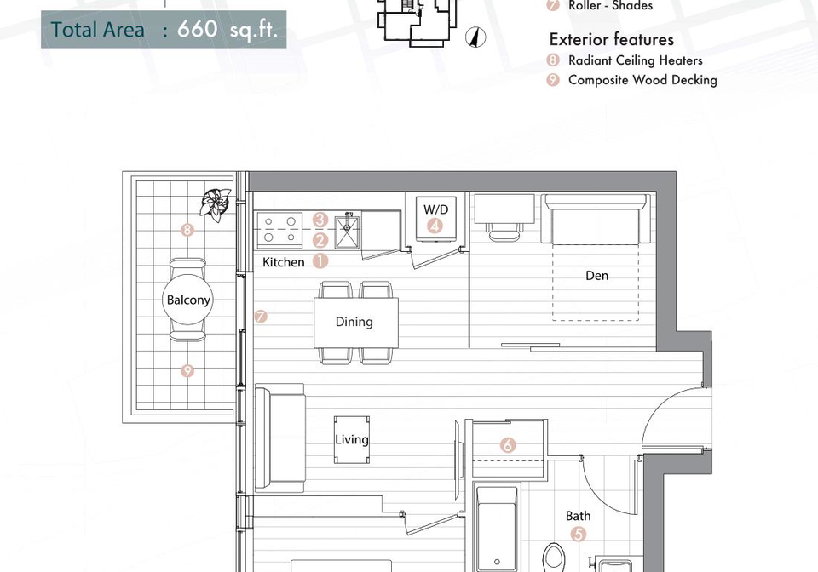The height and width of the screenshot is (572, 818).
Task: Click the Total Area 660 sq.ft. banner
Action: [x=164, y=29]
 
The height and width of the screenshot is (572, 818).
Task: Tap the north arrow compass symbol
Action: [x=475, y=37]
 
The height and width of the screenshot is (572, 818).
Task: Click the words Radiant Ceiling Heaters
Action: [x=635, y=60]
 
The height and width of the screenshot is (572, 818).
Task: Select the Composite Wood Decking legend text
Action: [x=642, y=80]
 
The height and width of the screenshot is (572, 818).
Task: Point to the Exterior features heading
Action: [x=612, y=40]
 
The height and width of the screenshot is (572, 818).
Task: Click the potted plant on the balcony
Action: [x=215, y=203]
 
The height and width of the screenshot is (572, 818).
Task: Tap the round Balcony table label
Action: [x=187, y=300]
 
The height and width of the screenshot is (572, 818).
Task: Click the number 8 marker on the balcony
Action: [x=187, y=230]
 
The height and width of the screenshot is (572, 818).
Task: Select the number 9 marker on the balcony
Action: [x=187, y=371]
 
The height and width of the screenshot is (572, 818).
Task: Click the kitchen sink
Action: [x=347, y=231]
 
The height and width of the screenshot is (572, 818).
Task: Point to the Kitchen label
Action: [x=283, y=262]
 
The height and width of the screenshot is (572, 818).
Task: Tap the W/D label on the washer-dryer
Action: [x=435, y=209]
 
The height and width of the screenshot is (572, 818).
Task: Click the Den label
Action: [x=596, y=276]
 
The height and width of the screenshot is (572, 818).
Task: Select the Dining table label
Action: [x=354, y=322]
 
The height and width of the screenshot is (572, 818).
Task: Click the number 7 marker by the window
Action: [x=261, y=316]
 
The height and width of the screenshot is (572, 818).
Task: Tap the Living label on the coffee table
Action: [x=352, y=440]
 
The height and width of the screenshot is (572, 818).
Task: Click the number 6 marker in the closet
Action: [x=508, y=445]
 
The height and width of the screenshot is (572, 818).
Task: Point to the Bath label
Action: [x=579, y=516]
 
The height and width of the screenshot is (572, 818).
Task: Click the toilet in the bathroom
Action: [x=553, y=558]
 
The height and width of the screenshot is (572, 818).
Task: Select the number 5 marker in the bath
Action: [x=578, y=534]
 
